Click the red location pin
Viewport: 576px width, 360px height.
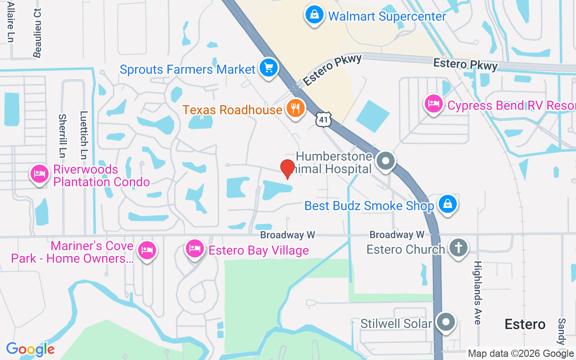coord(287,169)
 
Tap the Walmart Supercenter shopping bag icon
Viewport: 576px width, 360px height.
coord(314,15)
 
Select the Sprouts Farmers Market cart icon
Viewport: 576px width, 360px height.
coord(269,68)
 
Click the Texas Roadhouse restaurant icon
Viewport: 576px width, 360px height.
coord(295,109)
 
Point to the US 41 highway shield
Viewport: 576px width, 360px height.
coord(324,119)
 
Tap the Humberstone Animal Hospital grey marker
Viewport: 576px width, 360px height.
coord(386,161)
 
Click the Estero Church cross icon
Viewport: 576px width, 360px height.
coord(458,247)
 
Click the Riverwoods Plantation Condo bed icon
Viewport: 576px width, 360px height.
coord(40,174)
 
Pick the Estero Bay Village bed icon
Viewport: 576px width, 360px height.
coord(194,248)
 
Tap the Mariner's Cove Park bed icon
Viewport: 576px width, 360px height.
coord(147,250)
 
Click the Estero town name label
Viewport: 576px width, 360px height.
coord(525,324)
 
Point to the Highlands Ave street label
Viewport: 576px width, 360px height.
coord(477,292)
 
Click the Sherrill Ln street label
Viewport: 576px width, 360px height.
coord(62,135)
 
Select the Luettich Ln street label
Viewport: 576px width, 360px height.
coord(83,135)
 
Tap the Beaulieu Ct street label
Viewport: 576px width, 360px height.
coord(37,32)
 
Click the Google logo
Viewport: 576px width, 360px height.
coord(30,349)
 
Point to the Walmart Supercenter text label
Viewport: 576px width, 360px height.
coord(387,17)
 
